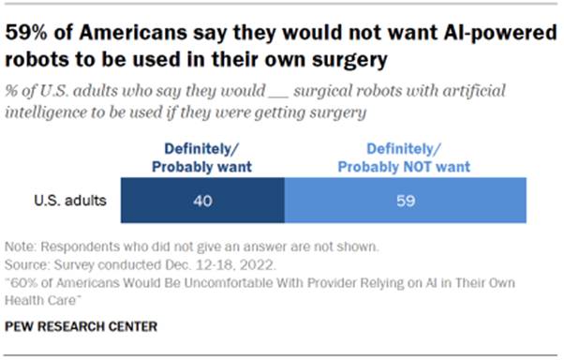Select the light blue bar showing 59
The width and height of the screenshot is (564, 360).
tap(405, 200)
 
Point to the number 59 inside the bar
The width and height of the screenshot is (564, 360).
tap(405, 200)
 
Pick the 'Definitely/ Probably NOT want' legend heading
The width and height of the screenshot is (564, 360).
tap(405, 157)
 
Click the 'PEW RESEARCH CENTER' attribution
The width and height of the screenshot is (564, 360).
tap(82, 326)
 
